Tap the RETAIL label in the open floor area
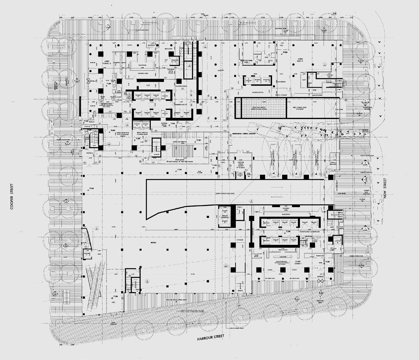coord(151,242)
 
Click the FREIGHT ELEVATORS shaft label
coord(225,216)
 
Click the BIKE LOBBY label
coord(168,49)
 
